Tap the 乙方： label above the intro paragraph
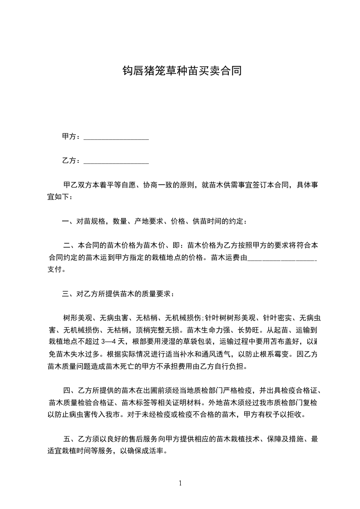(x=71, y=161)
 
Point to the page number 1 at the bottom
(x=180, y=483)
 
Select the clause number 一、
(x=68, y=222)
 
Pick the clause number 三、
(x=68, y=294)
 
